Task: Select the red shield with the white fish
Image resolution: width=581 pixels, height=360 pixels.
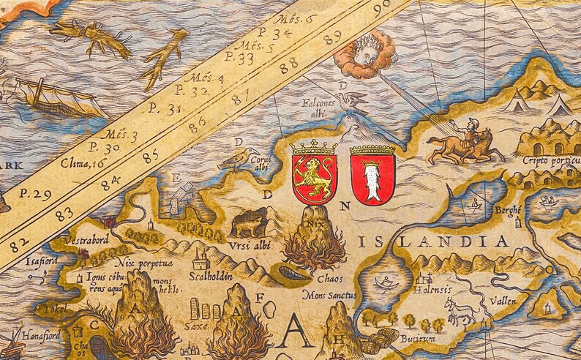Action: pos(373,175)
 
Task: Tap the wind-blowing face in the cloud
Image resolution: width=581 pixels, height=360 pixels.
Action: pos(364,54)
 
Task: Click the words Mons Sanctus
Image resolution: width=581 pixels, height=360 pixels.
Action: pos(329,295)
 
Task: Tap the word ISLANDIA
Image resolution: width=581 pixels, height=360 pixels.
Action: pos(432,241)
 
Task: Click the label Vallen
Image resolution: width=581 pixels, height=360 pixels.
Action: pos(503,300)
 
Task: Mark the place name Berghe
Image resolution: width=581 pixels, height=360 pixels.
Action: pos(508,210)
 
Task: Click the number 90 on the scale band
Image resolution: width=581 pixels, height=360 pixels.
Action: pos(382,9)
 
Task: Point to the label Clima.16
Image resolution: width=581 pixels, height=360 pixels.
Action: pos(81,162)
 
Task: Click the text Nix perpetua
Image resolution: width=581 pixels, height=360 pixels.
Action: pos(145,262)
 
